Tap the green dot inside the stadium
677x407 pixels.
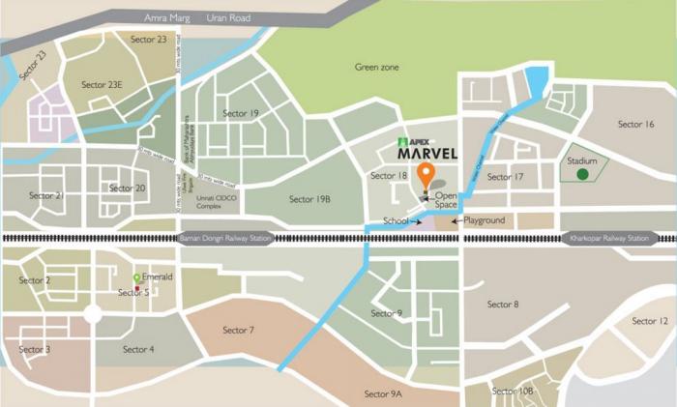pyautogui.click(x=582, y=175)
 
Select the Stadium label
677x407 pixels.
pyautogui.click(x=582, y=160)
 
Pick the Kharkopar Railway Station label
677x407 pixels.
pyautogui.click(x=609, y=238)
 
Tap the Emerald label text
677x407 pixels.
pyautogui.click(x=157, y=277)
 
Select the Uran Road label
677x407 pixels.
pyautogui.click(x=228, y=17)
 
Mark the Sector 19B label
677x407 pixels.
pyautogui.click(x=309, y=199)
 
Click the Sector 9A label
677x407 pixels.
pyautogui.click(x=383, y=393)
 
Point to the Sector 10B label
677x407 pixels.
pyautogui.click(x=512, y=391)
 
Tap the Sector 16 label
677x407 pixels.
pyautogui.click(x=635, y=124)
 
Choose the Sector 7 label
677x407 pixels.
pyautogui.click(x=238, y=331)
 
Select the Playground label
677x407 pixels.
pyautogui.click(x=484, y=220)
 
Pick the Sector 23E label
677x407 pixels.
pyautogui.click(x=102, y=85)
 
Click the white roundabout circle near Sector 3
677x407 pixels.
pyautogui.click(x=93, y=313)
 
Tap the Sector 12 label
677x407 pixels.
pyautogui.click(x=649, y=321)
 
